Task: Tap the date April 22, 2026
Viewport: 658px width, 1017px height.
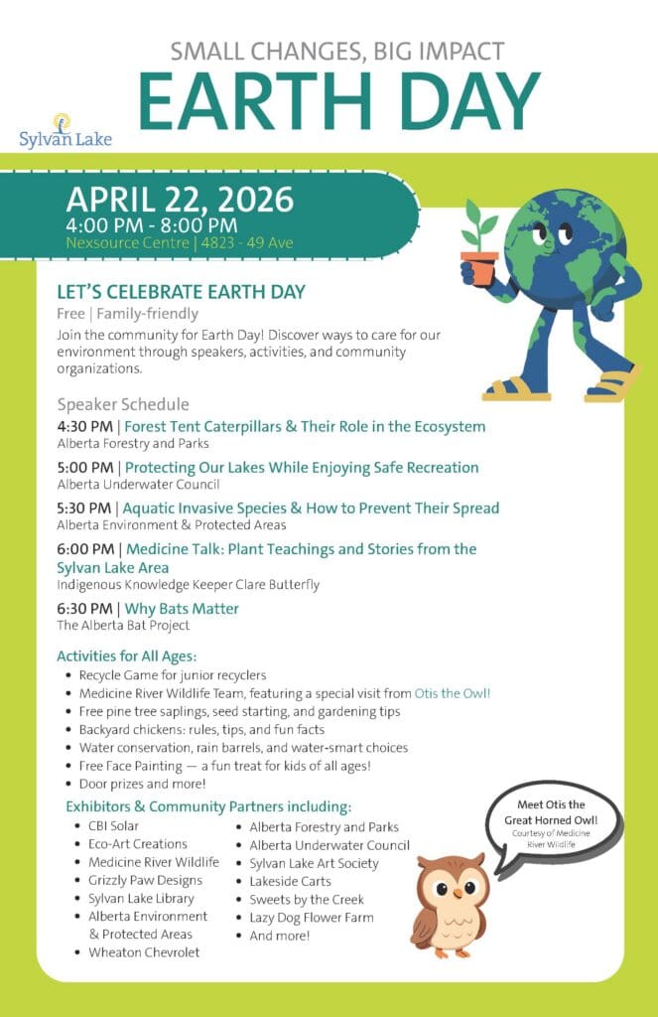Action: click(180, 200)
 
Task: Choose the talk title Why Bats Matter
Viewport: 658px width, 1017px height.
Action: click(182, 609)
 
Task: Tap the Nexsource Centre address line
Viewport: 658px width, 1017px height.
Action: click(180, 243)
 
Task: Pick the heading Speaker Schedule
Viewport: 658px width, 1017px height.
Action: click(123, 404)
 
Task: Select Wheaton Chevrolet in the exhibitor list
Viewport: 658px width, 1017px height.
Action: click(144, 952)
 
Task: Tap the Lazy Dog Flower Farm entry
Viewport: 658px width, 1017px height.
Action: click(312, 918)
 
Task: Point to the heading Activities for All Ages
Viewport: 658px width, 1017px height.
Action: click(127, 656)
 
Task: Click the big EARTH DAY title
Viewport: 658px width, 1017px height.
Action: click(338, 103)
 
